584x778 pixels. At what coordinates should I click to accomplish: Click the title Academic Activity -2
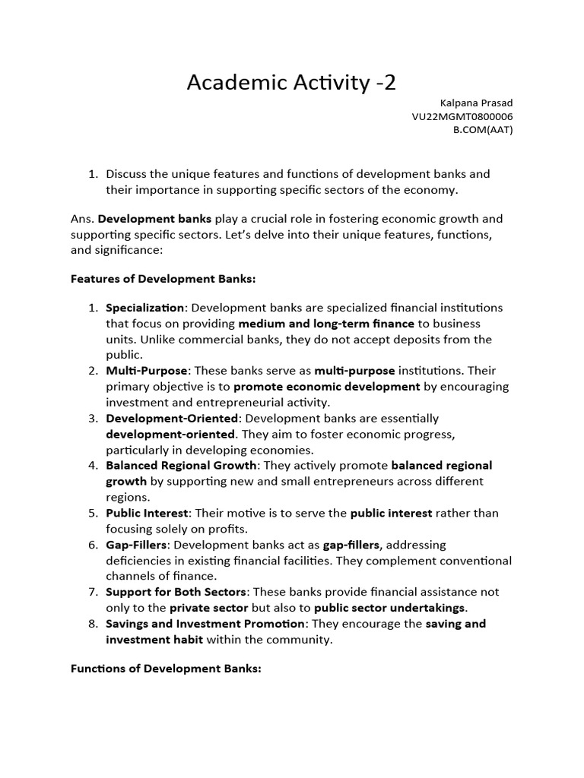(x=291, y=82)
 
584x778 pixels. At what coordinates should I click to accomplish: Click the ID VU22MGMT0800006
(x=462, y=116)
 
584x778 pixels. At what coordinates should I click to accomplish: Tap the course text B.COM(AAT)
(x=483, y=130)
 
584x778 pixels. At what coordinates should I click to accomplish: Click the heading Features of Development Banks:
(x=163, y=279)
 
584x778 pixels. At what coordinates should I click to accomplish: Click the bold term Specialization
(x=144, y=308)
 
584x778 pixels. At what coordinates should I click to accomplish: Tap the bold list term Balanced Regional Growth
(x=182, y=465)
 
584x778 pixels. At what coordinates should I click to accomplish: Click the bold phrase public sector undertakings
(x=390, y=608)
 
